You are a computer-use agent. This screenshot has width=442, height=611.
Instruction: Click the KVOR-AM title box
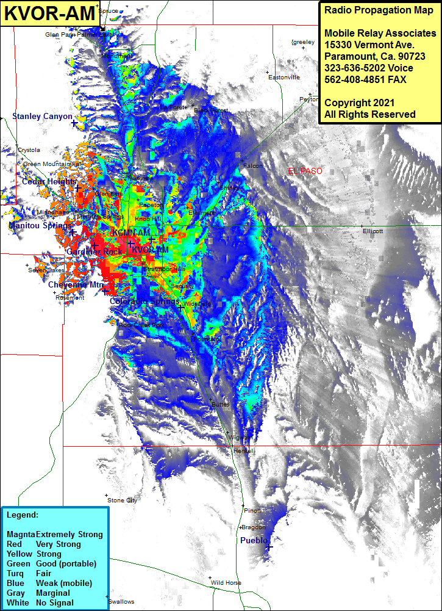(50, 13)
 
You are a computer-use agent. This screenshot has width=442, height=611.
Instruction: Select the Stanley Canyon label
(42, 116)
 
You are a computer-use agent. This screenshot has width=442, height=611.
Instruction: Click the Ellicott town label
(372, 231)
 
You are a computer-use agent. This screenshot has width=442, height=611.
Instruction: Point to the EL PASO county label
(305, 172)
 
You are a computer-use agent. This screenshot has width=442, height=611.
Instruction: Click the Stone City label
(122, 501)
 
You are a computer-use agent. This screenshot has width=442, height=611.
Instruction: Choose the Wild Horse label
(226, 583)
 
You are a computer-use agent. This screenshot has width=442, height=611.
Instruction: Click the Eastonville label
(284, 78)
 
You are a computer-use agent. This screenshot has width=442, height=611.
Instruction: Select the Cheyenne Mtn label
(76, 284)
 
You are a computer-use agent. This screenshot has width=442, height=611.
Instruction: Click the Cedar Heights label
(49, 182)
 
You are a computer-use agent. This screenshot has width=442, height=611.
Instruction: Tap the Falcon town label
(253, 166)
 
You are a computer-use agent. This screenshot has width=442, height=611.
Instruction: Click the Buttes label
(219, 405)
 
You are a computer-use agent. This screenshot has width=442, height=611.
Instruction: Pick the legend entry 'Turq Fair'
(37, 573)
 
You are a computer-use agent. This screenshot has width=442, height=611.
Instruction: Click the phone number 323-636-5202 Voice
(369, 68)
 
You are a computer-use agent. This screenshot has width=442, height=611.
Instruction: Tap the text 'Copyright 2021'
(359, 103)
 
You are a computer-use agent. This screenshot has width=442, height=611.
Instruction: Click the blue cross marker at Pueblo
(269, 548)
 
